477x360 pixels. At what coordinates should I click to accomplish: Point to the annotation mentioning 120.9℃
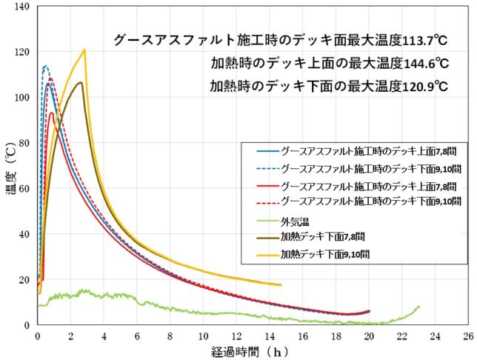pyautogui.click(x=330, y=85)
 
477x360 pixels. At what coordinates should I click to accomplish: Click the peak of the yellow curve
pyautogui.click(x=84, y=50)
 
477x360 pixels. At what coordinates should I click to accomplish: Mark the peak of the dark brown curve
pyautogui.click(x=80, y=82)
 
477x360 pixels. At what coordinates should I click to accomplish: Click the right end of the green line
pyautogui.click(x=419, y=307)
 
